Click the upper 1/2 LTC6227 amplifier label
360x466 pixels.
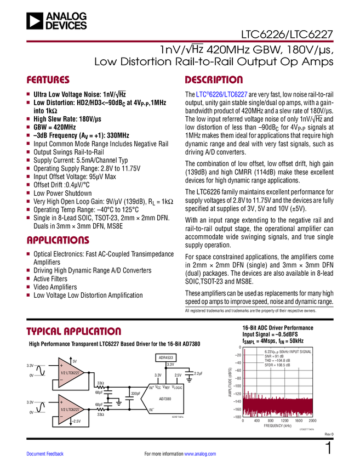(x=71, y=372)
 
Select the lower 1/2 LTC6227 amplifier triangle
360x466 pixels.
(x=70, y=410)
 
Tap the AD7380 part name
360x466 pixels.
(x=165, y=399)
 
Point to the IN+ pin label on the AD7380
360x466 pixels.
(x=151, y=388)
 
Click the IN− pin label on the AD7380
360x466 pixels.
(x=151, y=409)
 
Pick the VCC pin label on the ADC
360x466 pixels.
(x=158, y=387)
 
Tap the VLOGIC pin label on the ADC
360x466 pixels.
(x=176, y=387)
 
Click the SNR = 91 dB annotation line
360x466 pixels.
(x=273, y=356)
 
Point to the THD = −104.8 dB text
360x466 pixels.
(x=277, y=360)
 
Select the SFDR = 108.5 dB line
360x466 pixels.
(x=277, y=365)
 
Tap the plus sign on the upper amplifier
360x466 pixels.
(x=61, y=365)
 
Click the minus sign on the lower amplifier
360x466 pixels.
(x=61, y=417)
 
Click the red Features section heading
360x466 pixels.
(x=48, y=80)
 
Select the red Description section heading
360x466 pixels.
(x=214, y=80)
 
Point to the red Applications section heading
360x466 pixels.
(x=58, y=240)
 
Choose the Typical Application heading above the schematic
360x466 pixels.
(x=73, y=331)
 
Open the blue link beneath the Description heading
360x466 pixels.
(x=222, y=94)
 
